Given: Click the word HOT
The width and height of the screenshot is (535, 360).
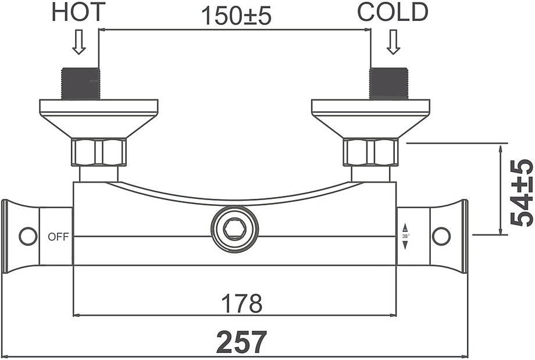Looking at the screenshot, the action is [x=79, y=12].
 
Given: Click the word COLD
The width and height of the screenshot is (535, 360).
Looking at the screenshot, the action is [x=393, y=12].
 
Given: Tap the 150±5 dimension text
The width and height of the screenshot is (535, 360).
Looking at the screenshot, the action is [x=237, y=16].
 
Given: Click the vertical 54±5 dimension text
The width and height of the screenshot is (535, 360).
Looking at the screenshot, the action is [x=522, y=193].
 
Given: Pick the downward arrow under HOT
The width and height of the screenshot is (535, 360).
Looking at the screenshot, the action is [x=79, y=42].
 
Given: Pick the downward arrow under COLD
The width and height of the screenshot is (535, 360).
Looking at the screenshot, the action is [x=394, y=42].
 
